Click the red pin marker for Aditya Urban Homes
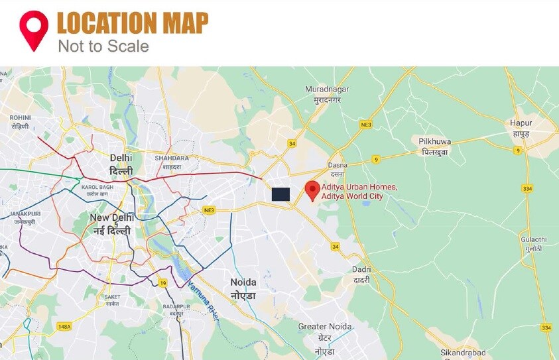coord(312,191)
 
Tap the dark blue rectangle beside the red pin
coord(280,194)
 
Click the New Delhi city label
coord(111,223)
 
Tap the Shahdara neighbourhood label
coord(172,162)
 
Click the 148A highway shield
coord(64,326)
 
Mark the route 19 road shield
coord(162,283)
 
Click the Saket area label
coord(111,301)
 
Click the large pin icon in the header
coord(33,30)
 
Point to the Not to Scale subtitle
coord(103,46)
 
